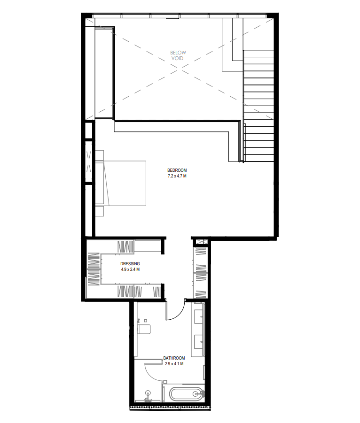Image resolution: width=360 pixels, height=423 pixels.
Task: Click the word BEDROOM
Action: pyautogui.click(x=177, y=170)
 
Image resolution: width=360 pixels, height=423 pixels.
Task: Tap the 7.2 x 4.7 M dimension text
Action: pyautogui.click(x=177, y=176)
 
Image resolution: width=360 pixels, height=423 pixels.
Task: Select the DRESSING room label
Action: pyautogui.click(x=130, y=263)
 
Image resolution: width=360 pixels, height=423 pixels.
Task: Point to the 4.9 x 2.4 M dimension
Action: pyautogui.click(x=130, y=269)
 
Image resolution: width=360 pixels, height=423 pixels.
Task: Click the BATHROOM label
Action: pyautogui.click(x=174, y=358)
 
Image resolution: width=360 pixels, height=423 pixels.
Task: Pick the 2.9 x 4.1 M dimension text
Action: pyautogui.click(x=174, y=364)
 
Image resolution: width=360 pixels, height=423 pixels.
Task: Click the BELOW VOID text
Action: pyautogui.click(x=178, y=55)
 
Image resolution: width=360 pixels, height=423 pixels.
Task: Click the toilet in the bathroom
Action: pyautogui.click(x=144, y=329)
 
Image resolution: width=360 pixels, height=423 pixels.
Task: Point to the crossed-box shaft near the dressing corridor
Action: pyautogui.click(x=200, y=242)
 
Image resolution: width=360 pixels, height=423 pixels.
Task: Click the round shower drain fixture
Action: pyautogui.click(x=148, y=393)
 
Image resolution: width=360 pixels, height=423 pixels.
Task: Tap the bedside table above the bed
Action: pyautogui.click(x=99, y=155)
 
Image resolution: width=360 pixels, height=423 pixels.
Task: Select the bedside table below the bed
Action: pyautogui.click(x=99, y=211)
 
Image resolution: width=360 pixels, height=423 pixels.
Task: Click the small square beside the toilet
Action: pyautogui.click(x=146, y=321)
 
